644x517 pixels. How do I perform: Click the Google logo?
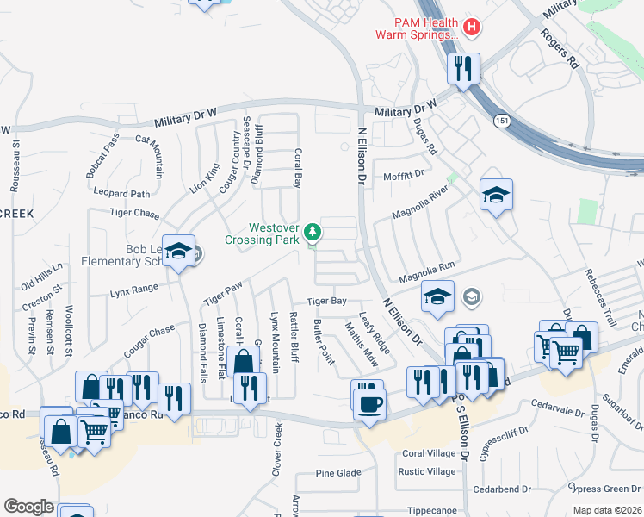(28, 507)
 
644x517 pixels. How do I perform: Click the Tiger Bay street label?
(327, 302)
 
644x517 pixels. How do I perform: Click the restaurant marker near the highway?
(464, 69)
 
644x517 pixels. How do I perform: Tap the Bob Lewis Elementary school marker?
(179, 252)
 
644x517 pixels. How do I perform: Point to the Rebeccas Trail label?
(600, 298)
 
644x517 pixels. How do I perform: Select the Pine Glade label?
(338, 473)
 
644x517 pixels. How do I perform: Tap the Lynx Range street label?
(133, 291)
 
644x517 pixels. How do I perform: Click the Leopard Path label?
(122, 194)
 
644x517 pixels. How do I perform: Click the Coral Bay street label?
(298, 169)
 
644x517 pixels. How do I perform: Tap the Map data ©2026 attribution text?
(606, 510)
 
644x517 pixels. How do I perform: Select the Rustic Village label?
(428, 472)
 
